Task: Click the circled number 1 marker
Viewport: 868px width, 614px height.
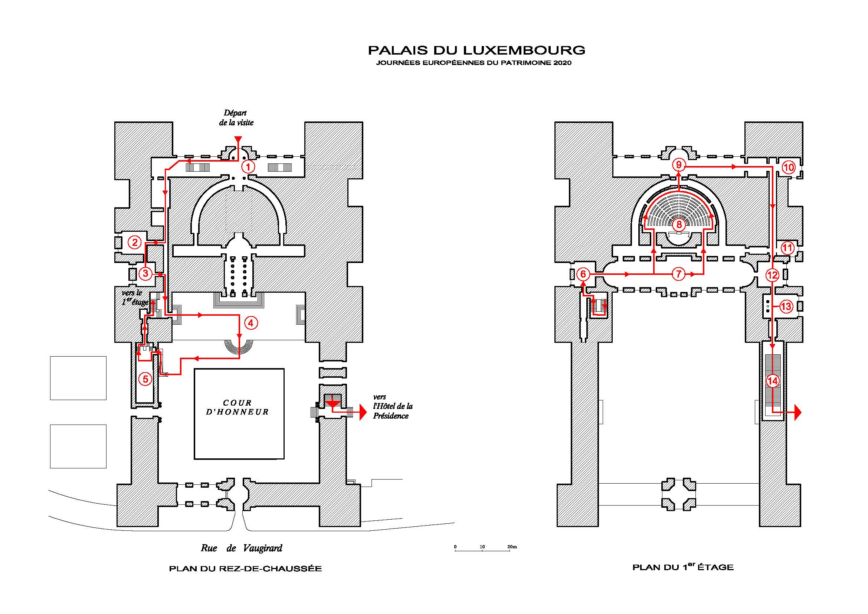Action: coord(248,166)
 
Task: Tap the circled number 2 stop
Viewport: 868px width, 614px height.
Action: coord(135,242)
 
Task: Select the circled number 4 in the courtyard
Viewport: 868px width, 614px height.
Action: coord(251,323)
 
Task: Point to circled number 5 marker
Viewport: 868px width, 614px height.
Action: coord(145,379)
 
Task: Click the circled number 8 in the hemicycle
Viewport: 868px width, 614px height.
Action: coord(679,225)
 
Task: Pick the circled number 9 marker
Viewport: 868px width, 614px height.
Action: coord(679,165)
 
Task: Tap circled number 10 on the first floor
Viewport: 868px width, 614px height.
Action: coord(789,167)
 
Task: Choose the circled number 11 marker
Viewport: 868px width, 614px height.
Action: coord(787,248)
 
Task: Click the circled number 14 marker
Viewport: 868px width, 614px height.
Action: coord(772,381)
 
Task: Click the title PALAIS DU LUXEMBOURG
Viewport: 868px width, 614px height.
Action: coord(477,50)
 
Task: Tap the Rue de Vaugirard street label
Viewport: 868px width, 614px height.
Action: coord(242,548)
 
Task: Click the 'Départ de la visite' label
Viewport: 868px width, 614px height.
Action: coord(236,118)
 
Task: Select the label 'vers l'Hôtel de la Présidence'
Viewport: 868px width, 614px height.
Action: coord(392,407)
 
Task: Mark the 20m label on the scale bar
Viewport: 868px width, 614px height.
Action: coord(512,547)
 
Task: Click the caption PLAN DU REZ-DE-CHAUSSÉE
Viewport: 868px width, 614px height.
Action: coord(245,569)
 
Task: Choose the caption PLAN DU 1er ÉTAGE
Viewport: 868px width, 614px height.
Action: coord(683,567)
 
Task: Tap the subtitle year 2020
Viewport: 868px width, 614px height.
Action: coord(562,63)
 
